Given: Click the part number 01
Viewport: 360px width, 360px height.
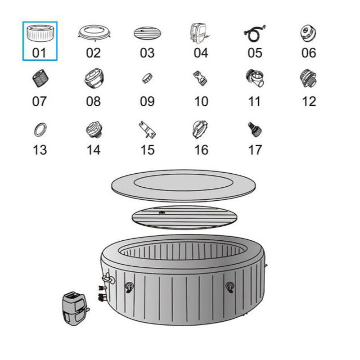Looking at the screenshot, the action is click(x=39, y=53).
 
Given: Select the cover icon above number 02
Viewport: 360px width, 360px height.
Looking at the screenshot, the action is click(x=94, y=33).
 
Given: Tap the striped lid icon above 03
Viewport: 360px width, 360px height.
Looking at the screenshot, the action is click(x=147, y=33).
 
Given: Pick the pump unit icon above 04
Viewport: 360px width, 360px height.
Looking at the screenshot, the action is click(x=199, y=33).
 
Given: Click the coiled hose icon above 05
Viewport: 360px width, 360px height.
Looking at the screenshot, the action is click(x=254, y=33).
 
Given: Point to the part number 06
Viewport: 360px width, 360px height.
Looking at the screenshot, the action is click(x=309, y=53).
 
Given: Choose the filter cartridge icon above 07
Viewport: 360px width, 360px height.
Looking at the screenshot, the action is click(x=40, y=78).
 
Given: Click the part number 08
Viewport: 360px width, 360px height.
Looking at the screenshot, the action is click(x=93, y=101).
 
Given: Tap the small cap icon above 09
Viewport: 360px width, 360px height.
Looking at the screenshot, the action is click(x=147, y=78).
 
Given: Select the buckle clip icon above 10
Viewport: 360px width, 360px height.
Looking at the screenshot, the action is click(x=200, y=78).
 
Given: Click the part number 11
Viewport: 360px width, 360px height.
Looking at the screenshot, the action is click(x=254, y=101).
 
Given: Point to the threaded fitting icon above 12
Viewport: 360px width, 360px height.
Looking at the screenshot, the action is click(x=308, y=78).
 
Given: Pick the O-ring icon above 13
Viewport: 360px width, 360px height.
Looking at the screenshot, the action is click(x=40, y=130).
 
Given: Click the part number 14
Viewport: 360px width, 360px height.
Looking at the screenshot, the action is click(x=94, y=150).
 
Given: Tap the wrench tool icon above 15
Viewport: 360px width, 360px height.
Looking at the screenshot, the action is click(x=147, y=130).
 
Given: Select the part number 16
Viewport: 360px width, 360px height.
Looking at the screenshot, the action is click(x=201, y=150).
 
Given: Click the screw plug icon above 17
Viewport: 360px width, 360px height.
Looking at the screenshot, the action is click(x=255, y=129).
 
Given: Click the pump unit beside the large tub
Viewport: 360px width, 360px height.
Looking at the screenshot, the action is click(x=75, y=308).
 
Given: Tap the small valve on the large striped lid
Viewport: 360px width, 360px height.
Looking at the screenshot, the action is click(x=162, y=212).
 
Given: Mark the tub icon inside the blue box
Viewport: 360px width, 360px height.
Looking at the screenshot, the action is click(x=40, y=33).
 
